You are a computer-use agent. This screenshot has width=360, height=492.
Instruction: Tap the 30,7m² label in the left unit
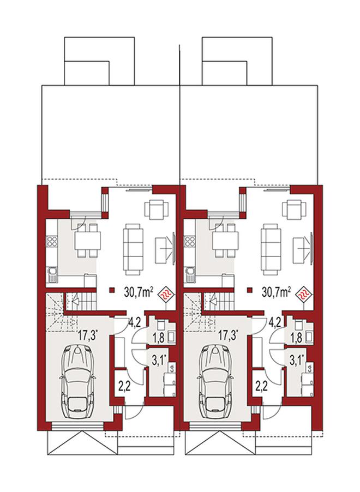(x=139, y=292)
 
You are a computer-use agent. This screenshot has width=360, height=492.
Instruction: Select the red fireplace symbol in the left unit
(x=167, y=295)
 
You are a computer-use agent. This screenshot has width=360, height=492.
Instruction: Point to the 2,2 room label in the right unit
(x=262, y=385)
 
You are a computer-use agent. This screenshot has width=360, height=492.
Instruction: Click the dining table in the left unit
(x=88, y=240)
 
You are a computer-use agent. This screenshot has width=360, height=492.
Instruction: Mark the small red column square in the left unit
(x=111, y=290)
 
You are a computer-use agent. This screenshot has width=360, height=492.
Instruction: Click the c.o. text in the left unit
(x=172, y=367)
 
